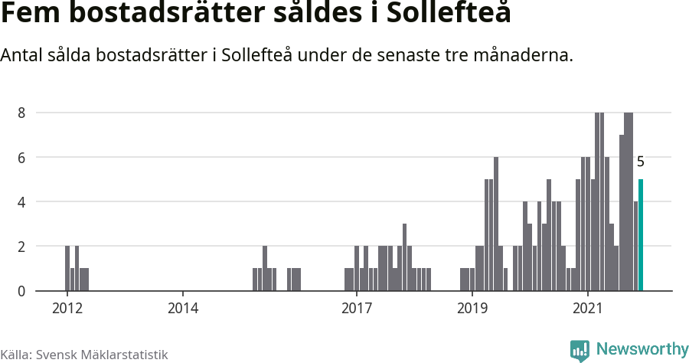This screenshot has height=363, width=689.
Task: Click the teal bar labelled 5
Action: (x=641, y=235)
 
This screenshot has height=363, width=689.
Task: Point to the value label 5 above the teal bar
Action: (x=641, y=162)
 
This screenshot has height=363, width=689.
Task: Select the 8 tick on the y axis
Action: (x=22, y=113)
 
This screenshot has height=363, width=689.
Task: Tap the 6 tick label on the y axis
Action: (x=22, y=158)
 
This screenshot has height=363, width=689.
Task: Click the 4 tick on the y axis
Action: (x=22, y=202)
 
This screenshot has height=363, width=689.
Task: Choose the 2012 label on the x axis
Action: (x=67, y=309)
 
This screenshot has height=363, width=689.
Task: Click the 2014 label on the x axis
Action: (x=182, y=309)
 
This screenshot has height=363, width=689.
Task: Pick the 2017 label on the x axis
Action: (x=356, y=309)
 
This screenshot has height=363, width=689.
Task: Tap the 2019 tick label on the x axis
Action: (x=472, y=309)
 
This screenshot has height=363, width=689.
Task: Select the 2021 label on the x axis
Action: (x=587, y=309)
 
